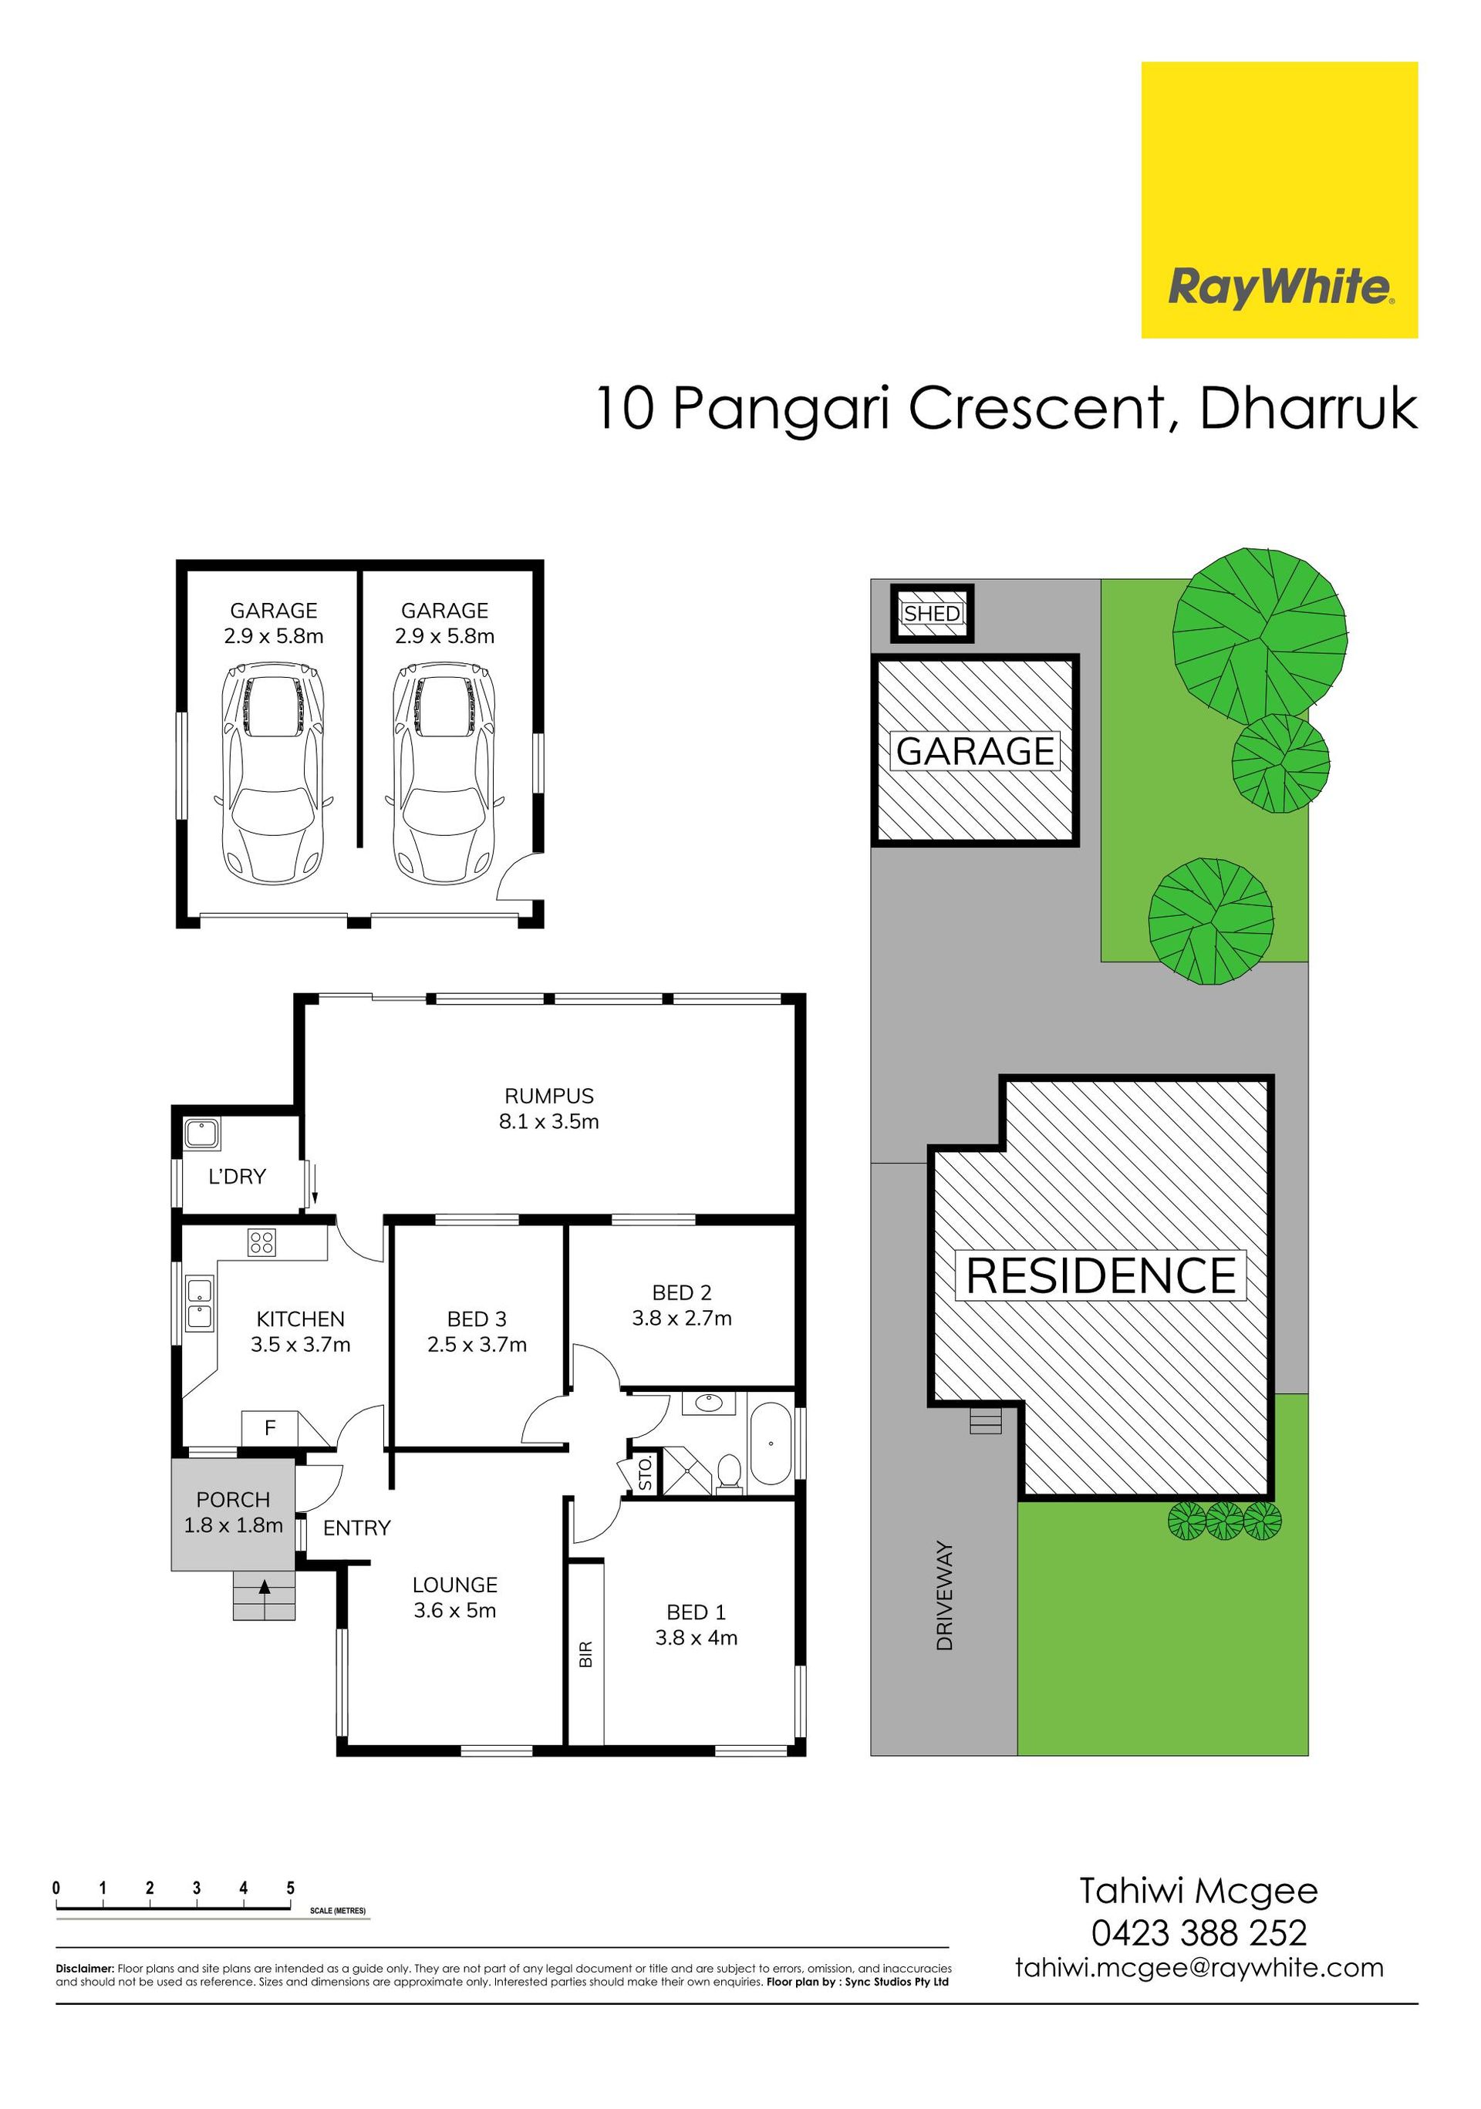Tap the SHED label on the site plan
932,614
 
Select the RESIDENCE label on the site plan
1101,1276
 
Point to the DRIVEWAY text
944,1595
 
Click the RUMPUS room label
548,1096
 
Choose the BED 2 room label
682,1292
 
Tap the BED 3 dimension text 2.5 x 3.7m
477,1345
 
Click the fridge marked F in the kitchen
271,1428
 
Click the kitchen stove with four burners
261,1243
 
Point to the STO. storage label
645,1472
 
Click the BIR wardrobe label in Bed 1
586,1654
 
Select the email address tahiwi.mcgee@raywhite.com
1199,1969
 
